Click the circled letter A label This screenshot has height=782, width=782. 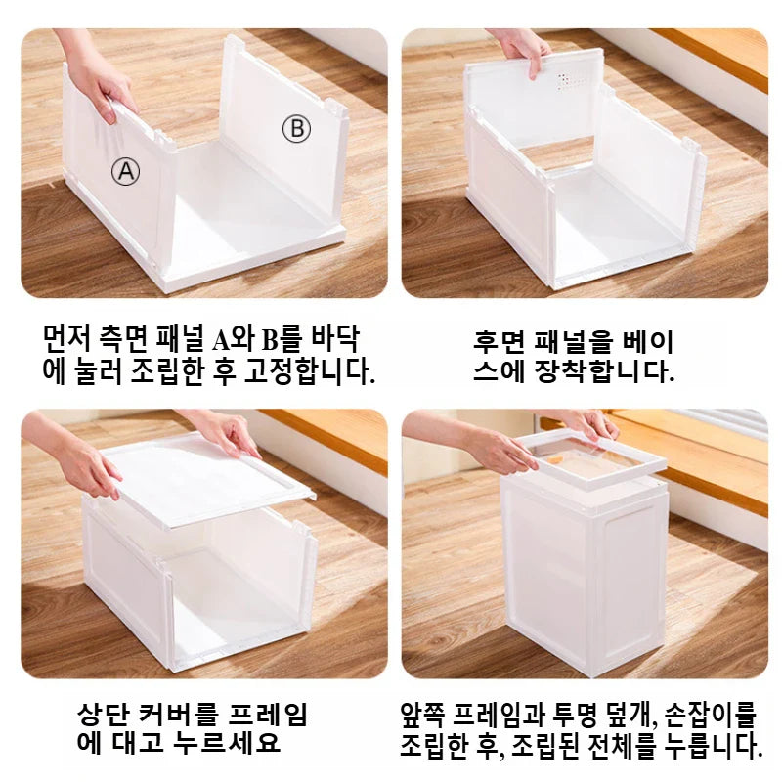click(125, 172)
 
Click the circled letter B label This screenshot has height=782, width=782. click(297, 129)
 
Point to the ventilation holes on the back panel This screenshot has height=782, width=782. click(570, 81)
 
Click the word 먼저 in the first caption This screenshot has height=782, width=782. click(66, 338)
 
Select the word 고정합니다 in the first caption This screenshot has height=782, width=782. click(309, 371)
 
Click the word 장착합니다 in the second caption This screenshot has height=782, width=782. click(604, 371)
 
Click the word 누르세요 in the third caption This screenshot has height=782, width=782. click(227, 742)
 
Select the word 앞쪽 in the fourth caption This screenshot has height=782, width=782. click(423, 714)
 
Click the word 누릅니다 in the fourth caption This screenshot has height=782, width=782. click(714, 743)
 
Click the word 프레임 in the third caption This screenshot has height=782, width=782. click(268, 714)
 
